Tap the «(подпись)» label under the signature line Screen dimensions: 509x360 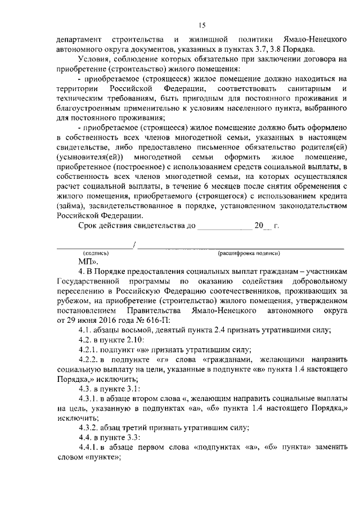coord(96,253)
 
